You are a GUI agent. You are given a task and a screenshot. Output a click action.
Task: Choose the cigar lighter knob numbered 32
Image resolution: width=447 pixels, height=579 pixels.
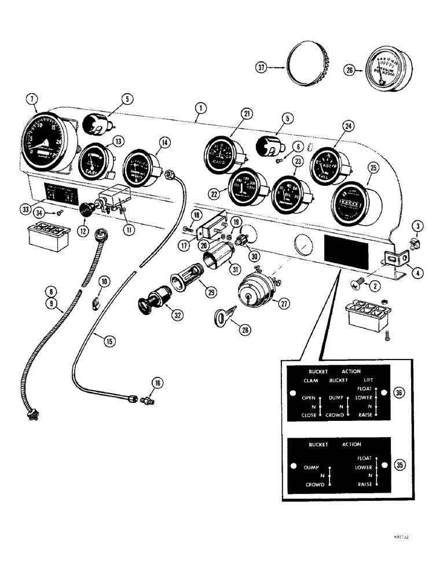(149, 303)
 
